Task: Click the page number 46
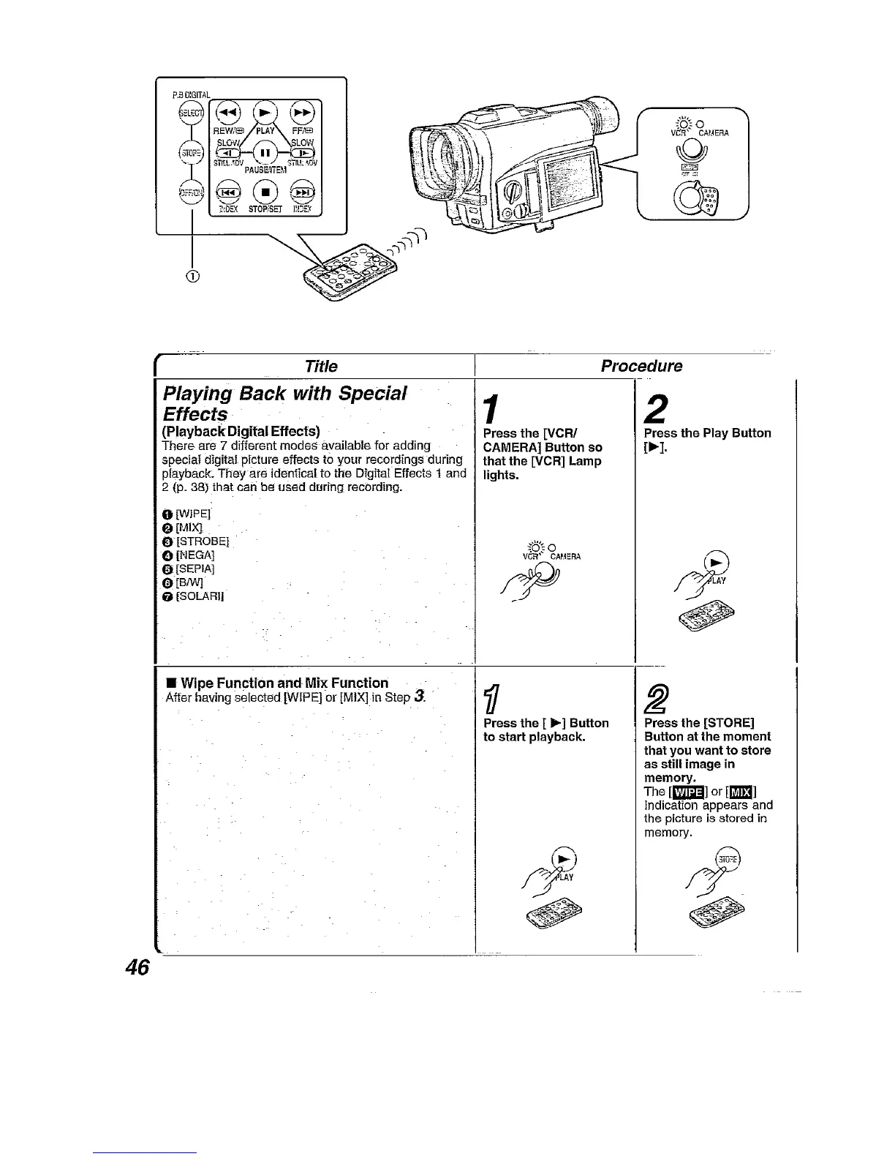click(x=137, y=967)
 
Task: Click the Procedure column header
click(x=641, y=366)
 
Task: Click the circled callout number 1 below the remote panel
click(x=192, y=276)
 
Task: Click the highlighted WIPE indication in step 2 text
click(x=687, y=792)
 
